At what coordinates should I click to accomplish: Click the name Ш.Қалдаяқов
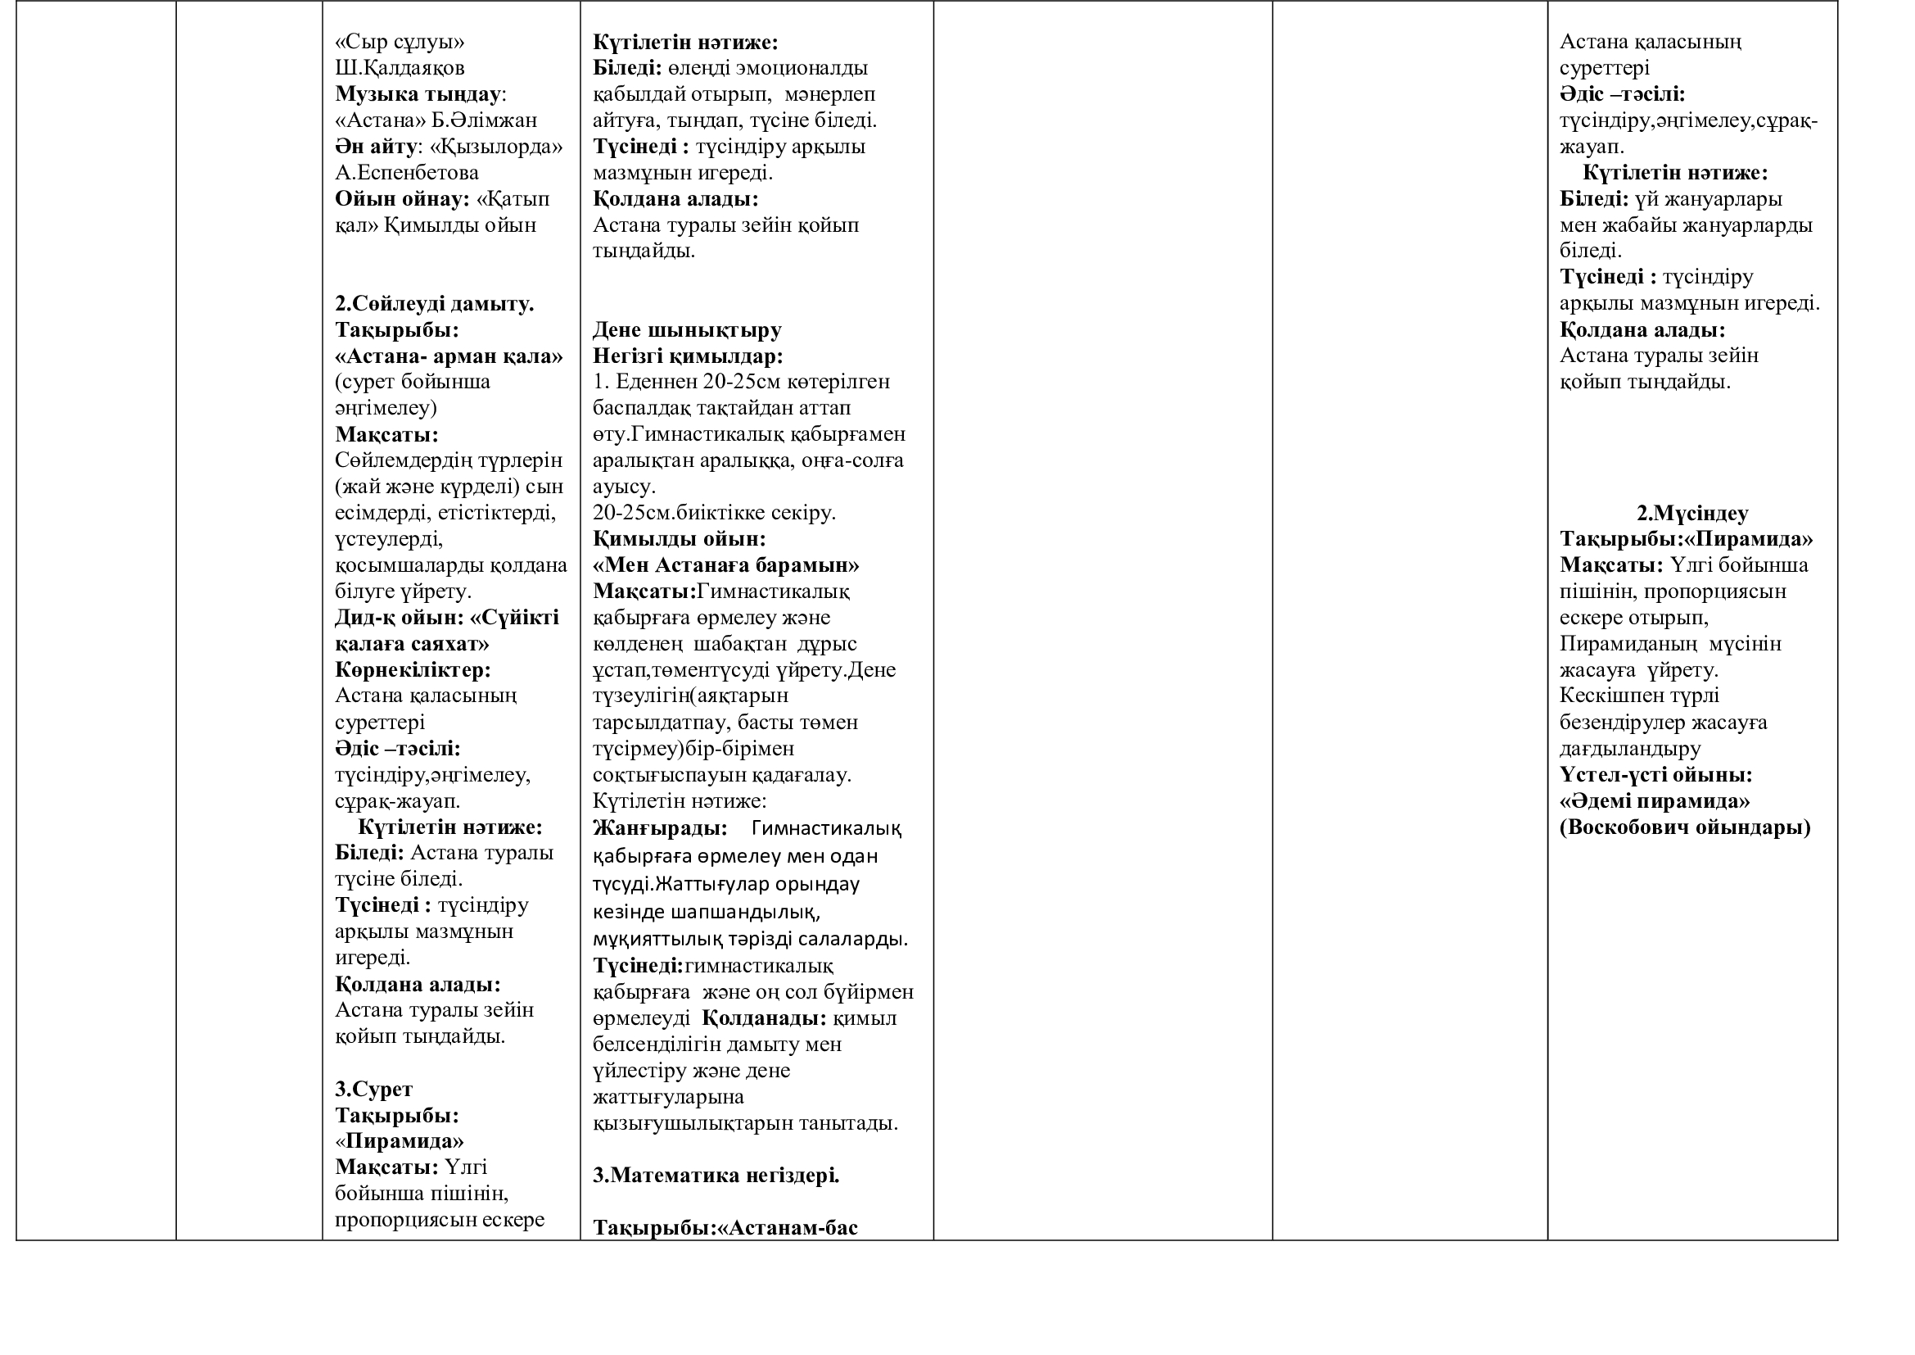400,67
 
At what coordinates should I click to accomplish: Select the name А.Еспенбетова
406,173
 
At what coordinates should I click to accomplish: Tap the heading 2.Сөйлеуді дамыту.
435,304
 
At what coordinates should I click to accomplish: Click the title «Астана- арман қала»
449,356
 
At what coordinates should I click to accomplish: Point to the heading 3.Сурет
373,1089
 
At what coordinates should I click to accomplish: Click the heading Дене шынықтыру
686,330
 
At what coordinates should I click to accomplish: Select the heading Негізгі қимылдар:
688,356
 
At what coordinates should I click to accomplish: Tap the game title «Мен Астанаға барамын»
725,566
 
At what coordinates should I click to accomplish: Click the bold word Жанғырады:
660,828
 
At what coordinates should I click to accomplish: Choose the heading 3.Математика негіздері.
716,1176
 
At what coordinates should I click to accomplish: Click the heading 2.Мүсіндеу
1692,513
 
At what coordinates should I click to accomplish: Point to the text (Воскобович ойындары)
1685,827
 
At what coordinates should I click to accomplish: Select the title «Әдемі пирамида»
1655,801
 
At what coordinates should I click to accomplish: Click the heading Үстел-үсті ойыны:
1655,775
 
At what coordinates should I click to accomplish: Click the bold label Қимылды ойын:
679,539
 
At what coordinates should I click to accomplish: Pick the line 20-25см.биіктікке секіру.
714,512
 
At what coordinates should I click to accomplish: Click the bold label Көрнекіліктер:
413,670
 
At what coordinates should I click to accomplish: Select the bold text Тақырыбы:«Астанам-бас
725,1228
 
